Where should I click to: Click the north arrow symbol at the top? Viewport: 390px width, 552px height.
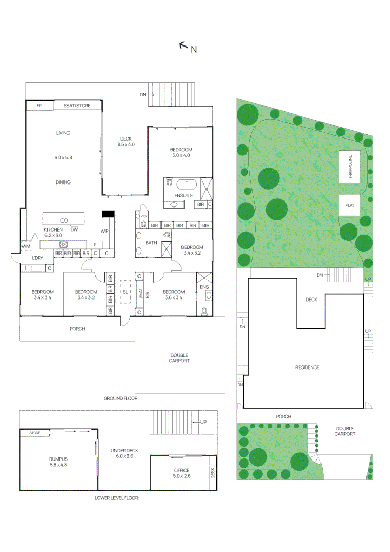pyautogui.click(x=183, y=45)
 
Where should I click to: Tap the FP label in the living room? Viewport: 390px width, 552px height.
pyautogui.click(x=39, y=106)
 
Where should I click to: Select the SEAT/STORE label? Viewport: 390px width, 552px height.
pyautogui.click(x=77, y=106)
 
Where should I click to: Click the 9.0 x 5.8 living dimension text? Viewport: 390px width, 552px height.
pyautogui.click(x=63, y=158)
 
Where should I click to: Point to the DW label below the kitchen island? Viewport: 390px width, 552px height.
pyautogui.click(x=74, y=229)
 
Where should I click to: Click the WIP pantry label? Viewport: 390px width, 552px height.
pyautogui.click(x=105, y=232)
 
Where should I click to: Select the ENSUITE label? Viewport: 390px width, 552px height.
pyautogui.click(x=183, y=196)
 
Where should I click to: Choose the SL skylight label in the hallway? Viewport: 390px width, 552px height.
pyautogui.click(x=125, y=292)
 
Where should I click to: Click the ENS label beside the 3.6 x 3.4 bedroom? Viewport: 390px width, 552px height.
pyautogui.click(x=204, y=288)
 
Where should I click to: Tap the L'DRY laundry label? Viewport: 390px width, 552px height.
pyautogui.click(x=38, y=258)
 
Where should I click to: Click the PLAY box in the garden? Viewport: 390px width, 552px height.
pyautogui.click(x=350, y=205)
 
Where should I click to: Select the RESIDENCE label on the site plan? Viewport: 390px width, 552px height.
pyautogui.click(x=307, y=367)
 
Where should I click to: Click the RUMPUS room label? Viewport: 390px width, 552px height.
pyautogui.click(x=58, y=459)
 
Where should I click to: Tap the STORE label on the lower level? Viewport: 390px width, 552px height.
pyautogui.click(x=35, y=433)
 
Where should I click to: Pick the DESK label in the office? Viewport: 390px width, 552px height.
pyautogui.click(x=213, y=474)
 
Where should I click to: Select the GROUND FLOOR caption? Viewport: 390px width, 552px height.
pyautogui.click(x=121, y=398)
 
